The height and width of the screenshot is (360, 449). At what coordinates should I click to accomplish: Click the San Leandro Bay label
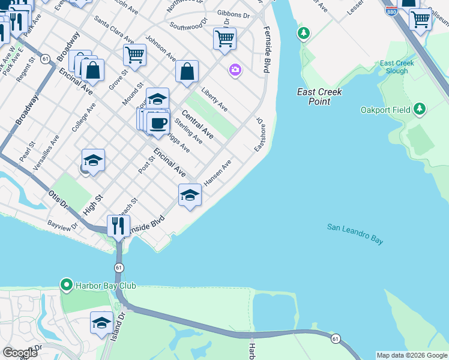355,234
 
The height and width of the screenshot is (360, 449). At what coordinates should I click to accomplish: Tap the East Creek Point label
320,97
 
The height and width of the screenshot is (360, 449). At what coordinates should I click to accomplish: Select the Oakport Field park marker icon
421,109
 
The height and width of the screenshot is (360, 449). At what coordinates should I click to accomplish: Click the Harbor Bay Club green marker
66,284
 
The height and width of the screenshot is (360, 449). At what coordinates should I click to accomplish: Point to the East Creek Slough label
394,67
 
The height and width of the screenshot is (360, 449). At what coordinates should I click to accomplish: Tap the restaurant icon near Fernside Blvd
118,226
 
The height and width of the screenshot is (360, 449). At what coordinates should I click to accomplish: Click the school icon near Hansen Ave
190,194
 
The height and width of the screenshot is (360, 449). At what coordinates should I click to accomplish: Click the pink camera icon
235,71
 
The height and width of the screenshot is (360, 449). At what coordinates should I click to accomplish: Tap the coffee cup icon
158,123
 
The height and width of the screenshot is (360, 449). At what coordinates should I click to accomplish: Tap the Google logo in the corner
20,352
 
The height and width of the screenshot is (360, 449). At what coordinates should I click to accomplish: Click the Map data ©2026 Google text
411,355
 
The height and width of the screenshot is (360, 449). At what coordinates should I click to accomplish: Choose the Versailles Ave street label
46,153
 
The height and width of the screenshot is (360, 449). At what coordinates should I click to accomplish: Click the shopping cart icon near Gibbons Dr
224,38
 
